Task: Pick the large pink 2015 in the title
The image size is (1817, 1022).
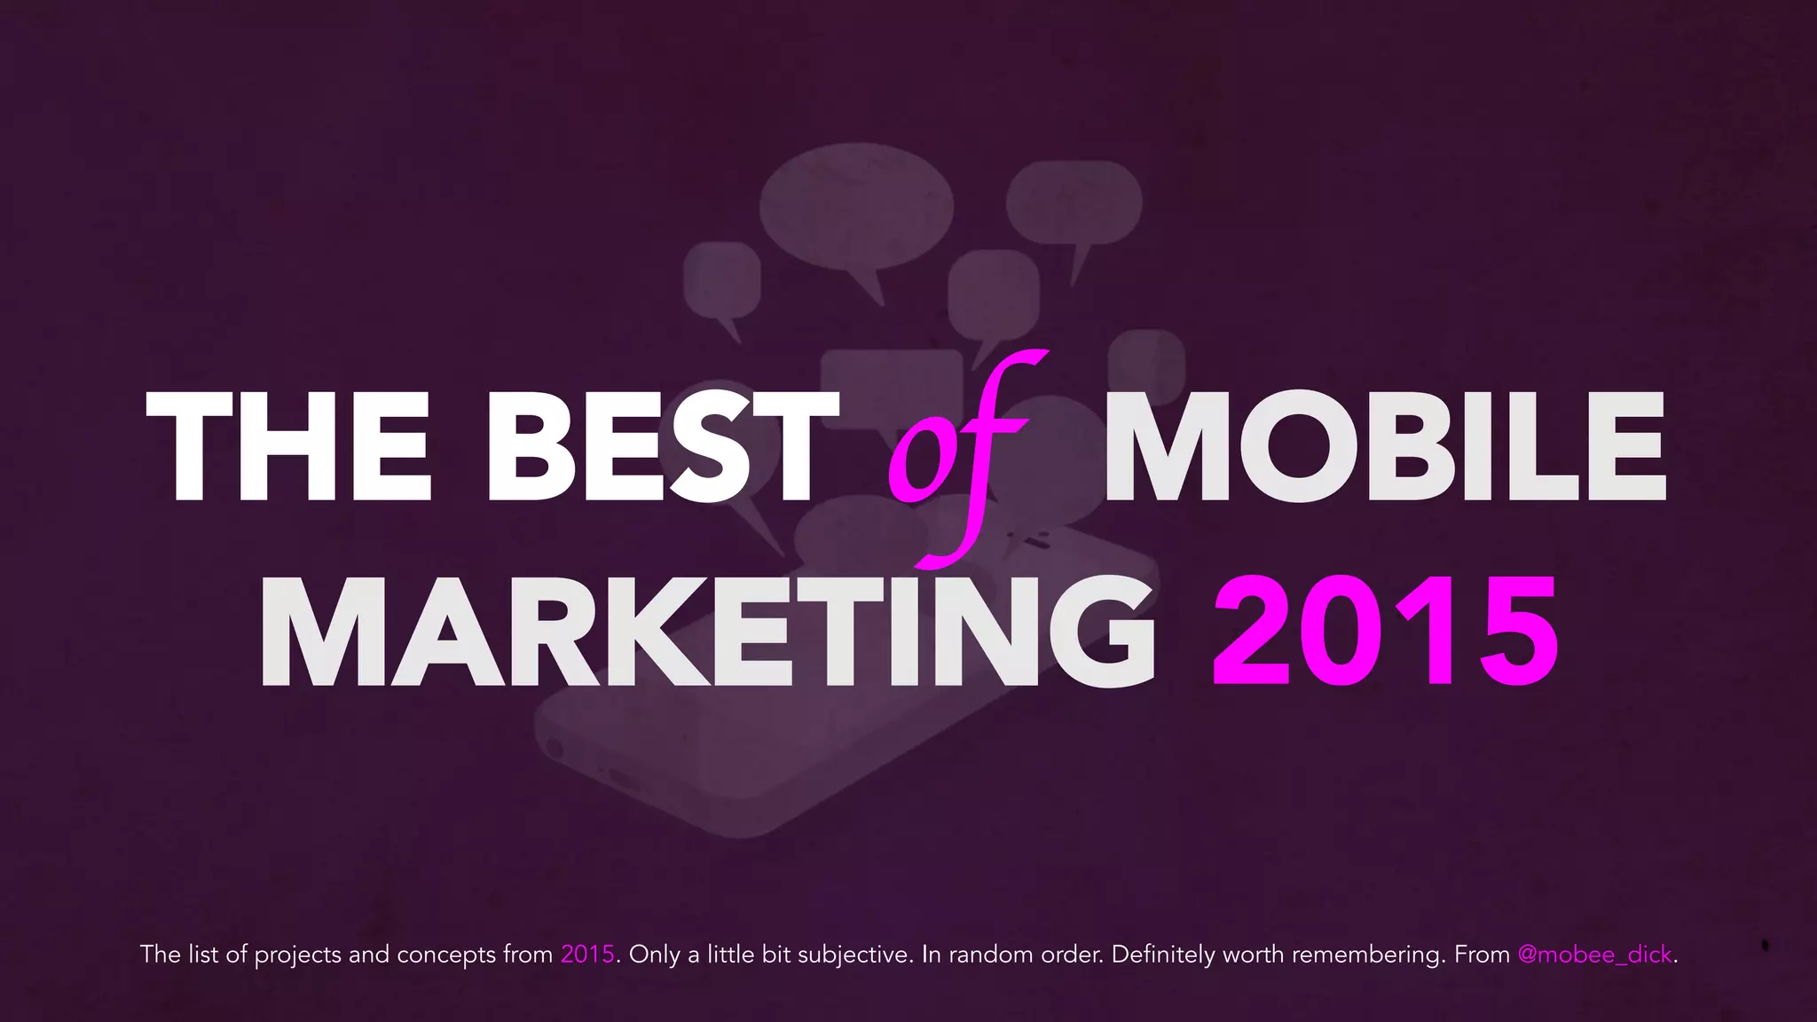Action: tap(1384, 632)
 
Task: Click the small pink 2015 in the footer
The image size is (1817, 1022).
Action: tap(587, 955)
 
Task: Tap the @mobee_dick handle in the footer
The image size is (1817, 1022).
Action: tap(1594, 955)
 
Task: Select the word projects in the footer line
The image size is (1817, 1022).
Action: tap(297, 955)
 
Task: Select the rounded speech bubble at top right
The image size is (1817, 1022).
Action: tap(1074, 202)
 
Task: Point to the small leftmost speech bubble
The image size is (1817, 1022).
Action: tap(722, 279)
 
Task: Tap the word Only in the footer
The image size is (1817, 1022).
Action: tap(655, 955)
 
